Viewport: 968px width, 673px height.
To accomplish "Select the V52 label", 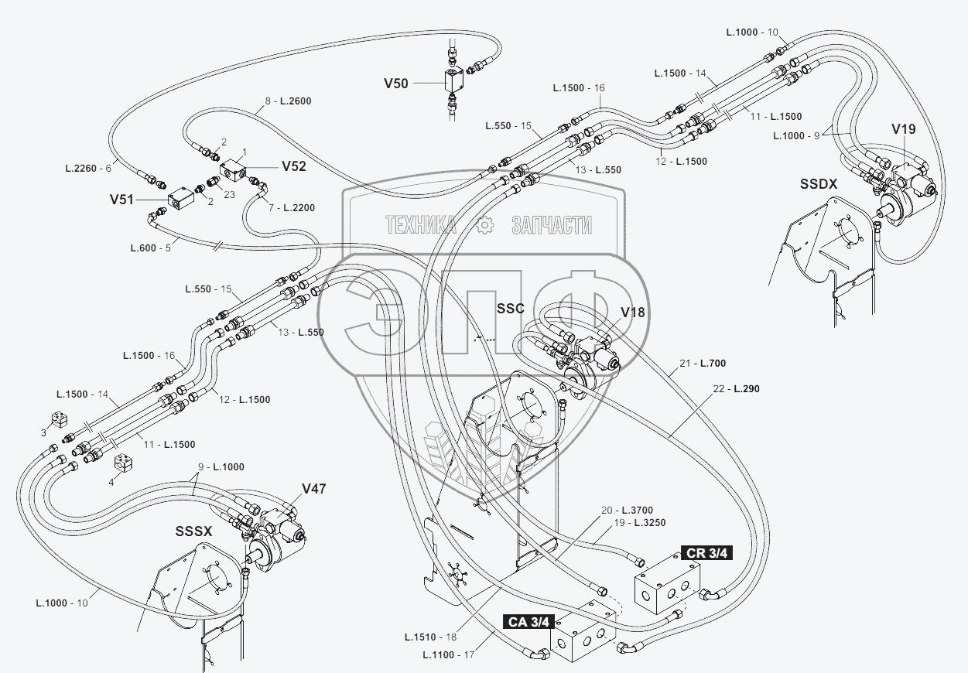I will (x=294, y=166).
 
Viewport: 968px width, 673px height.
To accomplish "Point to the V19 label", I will (x=903, y=129).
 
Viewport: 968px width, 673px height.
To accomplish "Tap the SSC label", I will (x=511, y=309).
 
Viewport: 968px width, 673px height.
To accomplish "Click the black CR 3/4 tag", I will (x=706, y=552).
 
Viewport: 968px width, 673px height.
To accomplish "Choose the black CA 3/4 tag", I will (x=530, y=620).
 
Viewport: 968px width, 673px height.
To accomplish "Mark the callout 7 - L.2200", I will (x=292, y=208).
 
